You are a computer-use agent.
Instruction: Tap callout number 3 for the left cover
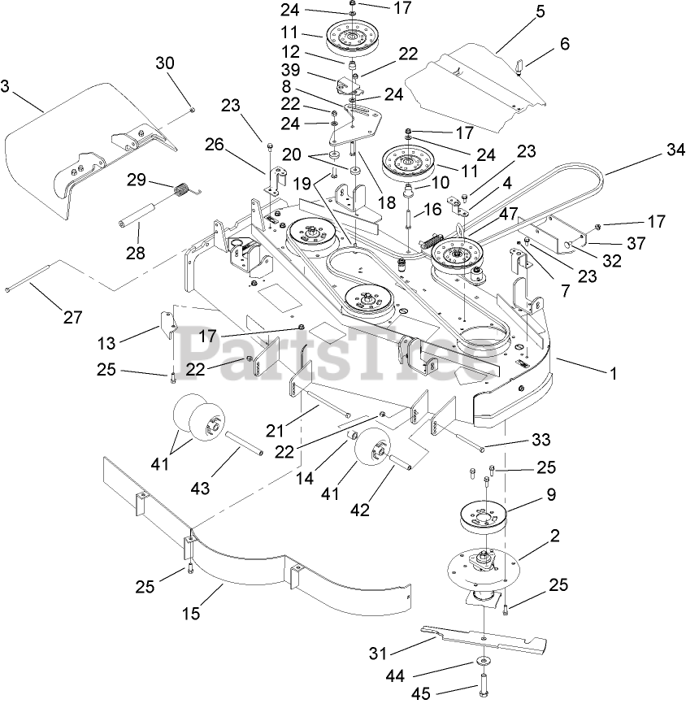[7, 85]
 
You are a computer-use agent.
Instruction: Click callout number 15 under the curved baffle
[191, 614]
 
